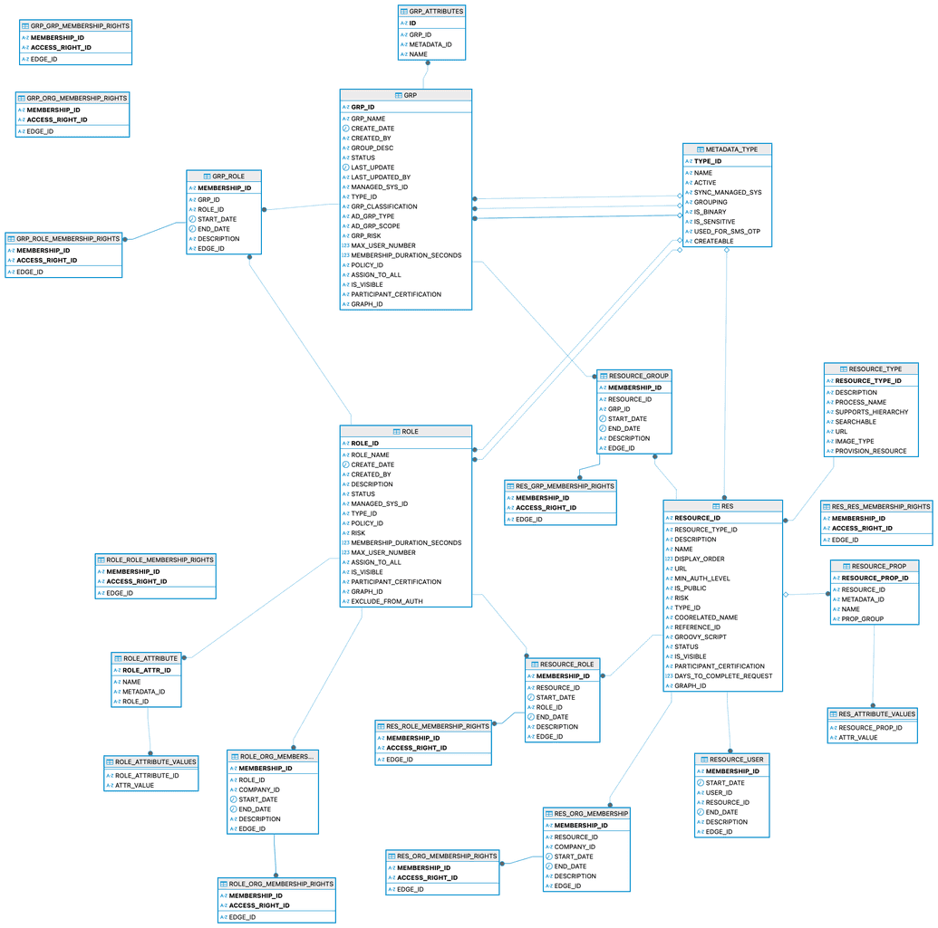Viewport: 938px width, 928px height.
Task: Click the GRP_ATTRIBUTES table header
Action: [x=431, y=12]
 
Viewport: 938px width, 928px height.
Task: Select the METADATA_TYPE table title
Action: [x=727, y=148]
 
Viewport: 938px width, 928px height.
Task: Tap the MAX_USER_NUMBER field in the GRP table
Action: [x=382, y=245]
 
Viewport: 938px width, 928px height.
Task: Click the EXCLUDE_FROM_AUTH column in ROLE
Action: [x=387, y=601]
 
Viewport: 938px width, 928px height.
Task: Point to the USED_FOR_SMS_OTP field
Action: [x=727, y=232]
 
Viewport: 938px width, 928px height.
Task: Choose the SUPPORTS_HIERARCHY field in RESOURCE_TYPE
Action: [x=871, y=412]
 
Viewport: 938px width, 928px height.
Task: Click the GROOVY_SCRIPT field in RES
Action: [x=700, y=636]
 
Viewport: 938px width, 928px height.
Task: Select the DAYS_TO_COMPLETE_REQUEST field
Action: [x=723, y=675]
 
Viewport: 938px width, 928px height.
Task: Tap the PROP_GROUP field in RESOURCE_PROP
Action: [x=862, y=618]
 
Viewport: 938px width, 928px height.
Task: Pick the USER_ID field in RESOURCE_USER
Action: [x=719, y=792]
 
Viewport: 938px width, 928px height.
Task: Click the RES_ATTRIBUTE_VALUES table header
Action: [x=872, y=713]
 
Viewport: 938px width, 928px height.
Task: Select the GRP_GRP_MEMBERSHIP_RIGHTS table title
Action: [x=75, y=26]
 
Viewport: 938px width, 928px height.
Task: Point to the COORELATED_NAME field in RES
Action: [x=706, y=617]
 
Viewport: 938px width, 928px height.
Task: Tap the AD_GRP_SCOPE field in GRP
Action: [x=375, y=226]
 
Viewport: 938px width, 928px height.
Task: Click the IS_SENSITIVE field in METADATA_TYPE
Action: [x=714, y=222]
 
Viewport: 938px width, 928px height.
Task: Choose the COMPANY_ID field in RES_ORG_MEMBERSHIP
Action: [x=575, y=847]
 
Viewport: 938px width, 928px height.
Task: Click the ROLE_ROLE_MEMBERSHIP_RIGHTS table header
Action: [x=155, y=560]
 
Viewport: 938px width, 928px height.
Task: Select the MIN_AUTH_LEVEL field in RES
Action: [x=702, y=579]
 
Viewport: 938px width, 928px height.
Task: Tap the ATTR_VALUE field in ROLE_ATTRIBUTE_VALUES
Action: [x=134, y=785]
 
